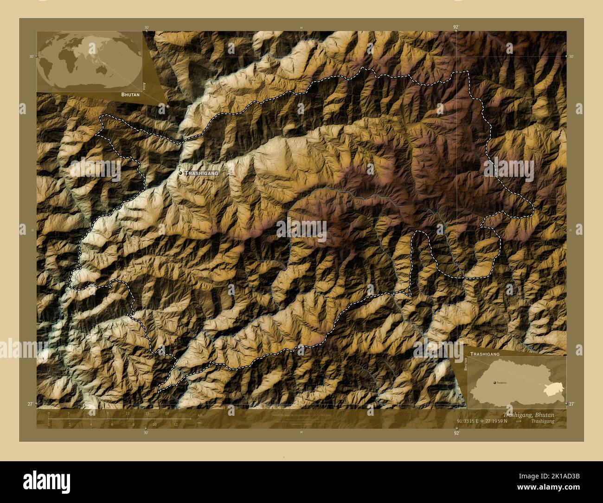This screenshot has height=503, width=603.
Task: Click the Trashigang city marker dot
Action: (180, 173)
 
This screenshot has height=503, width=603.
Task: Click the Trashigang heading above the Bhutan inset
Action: (485, 354)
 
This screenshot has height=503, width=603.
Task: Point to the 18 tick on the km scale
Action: (167, 413)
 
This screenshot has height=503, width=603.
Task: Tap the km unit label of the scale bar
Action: (200, 414)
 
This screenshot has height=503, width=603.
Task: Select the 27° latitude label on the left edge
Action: (30, 404)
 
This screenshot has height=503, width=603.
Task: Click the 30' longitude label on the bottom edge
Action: (147, 432)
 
